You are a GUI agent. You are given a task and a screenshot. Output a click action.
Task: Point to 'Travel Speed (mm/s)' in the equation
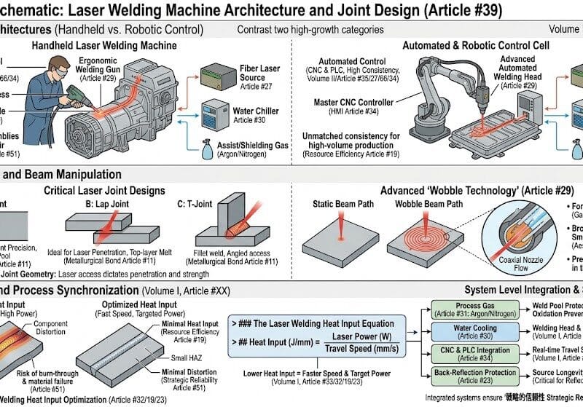[x=364, y=349]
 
